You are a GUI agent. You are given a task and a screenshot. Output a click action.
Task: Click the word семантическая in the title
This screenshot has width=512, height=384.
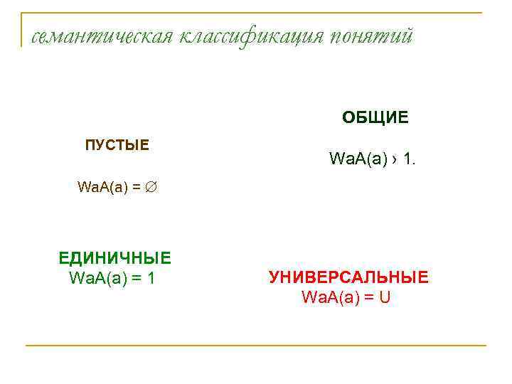point(97,36)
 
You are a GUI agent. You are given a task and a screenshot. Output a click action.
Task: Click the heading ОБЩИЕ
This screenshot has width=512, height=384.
point(375,117)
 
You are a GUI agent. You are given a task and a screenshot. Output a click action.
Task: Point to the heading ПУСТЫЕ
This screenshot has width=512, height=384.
point(117,146)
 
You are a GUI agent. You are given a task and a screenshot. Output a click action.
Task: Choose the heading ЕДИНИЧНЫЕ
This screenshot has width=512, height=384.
point(115,258)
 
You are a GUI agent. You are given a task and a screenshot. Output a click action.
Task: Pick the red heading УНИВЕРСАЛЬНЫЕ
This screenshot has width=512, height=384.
point(348,277)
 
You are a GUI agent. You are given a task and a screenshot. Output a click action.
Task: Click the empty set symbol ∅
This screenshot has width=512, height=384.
point(151,188)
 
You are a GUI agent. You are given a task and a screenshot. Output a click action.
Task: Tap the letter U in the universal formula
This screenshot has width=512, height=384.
point(385,297)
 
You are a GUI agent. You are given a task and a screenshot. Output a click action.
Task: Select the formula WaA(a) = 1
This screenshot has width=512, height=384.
point(112,277)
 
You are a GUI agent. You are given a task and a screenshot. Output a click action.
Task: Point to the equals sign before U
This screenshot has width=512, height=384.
point(368,297)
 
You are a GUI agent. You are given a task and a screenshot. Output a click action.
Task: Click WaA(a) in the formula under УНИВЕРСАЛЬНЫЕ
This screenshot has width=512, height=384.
point(330,297)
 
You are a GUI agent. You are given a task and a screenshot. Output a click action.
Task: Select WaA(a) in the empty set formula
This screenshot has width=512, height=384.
point(102,188)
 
